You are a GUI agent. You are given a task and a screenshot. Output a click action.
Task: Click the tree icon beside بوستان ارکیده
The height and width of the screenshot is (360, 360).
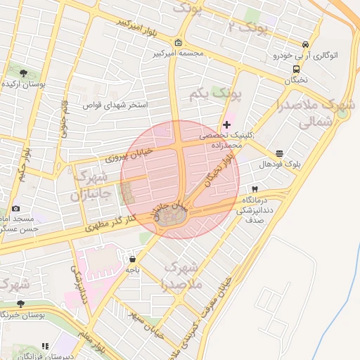click(x=23, y=72)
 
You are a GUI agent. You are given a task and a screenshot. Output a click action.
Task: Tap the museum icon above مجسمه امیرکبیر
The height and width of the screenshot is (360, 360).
click(x=178, y=42)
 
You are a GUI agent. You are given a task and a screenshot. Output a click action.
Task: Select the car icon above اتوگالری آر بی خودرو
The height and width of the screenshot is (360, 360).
click(x=304, y=44)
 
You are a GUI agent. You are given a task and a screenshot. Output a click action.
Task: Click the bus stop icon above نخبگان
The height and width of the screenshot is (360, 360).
click(x=296, y=70)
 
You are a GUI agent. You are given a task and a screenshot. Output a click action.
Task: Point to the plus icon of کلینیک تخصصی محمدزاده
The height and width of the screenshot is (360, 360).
click(x=226, y=124)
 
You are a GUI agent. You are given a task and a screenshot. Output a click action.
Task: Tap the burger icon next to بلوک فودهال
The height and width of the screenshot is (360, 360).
click(x=280, y=153)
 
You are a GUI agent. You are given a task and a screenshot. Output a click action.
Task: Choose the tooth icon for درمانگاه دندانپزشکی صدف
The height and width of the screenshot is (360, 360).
click(x=255, y=189)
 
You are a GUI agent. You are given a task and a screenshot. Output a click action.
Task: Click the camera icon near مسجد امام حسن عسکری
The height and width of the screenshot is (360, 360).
click(x=15, y=209)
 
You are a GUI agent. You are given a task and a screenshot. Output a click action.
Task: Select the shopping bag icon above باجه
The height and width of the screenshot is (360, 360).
click(x=132, y=259)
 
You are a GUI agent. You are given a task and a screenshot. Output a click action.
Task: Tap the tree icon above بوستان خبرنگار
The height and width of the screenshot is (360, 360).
click(x=20, y=304)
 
